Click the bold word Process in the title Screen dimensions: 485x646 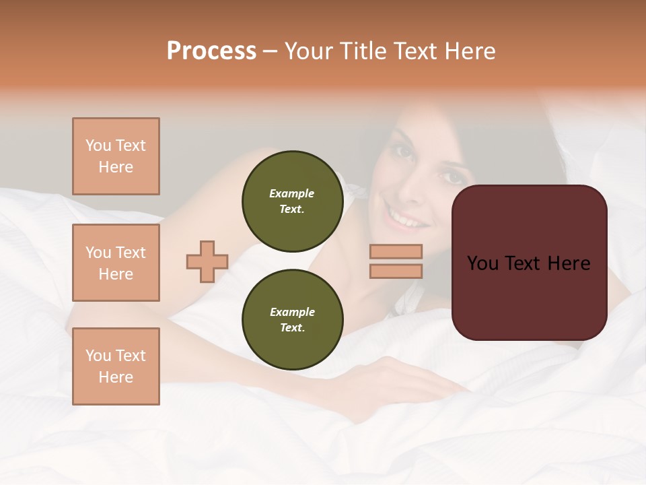coord(211,51)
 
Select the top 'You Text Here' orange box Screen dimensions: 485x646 coord(116,156)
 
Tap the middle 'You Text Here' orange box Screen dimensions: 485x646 coord(116,263)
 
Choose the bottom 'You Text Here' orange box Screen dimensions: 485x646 coord(116,366)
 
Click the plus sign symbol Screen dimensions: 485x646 coord(207,261)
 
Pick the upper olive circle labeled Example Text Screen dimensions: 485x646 coord(292,201)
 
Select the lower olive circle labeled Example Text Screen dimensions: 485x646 coord(292,320)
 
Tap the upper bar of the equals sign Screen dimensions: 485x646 coord(396,251)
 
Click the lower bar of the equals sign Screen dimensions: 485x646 coord(396,271)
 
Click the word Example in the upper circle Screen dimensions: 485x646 coord(292,194)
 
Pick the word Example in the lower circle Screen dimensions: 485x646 coord(292,313)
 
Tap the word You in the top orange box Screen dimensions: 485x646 coord(98,145)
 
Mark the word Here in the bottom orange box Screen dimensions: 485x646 coord(116,377)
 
